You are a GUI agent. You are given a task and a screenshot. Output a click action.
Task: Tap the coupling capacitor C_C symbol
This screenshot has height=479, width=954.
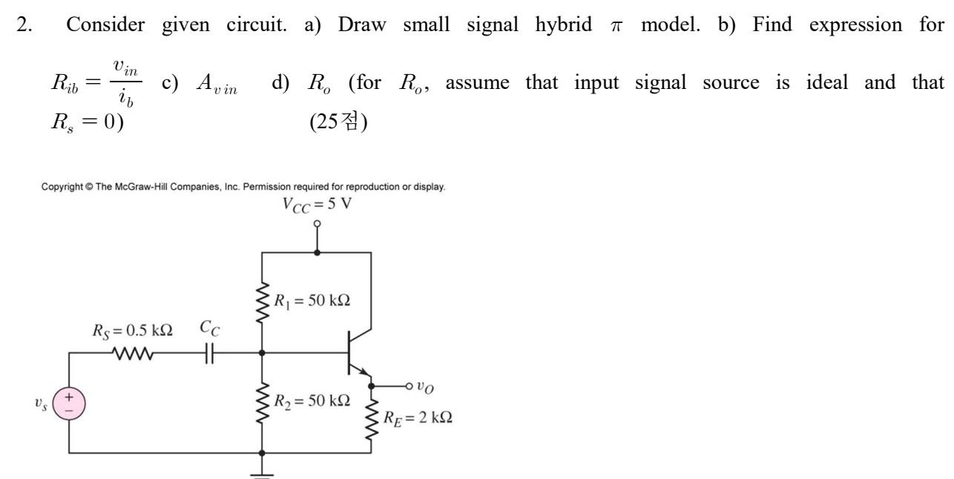[x=209, y=354]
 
